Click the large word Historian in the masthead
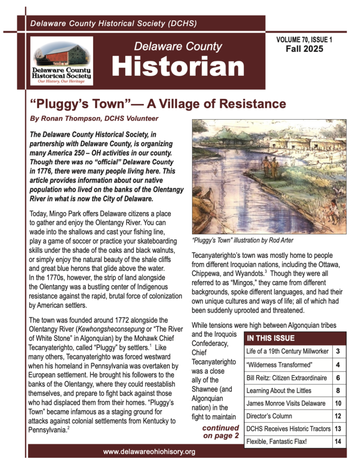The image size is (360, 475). tap(178, 67)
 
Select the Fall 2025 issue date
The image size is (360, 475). tap(304, 49)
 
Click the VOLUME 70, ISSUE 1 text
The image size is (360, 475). tap(304, 40)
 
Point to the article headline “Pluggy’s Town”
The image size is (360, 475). tap(158, 103)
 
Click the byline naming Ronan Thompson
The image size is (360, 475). tap(94, 119)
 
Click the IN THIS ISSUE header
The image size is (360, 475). tap(271, 338)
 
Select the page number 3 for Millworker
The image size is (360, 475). tap(339, 352)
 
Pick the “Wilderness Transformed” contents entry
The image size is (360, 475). tap(273, 365)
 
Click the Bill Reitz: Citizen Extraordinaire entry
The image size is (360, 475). tap(286, 378)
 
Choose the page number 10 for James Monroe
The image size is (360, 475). tap(339, 403)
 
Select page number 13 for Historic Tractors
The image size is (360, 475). tap(339, 429)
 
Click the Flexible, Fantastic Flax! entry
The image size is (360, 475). tap(276, 442)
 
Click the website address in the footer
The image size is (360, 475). tap(149, 451)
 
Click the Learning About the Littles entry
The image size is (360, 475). tap(279, 391)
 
